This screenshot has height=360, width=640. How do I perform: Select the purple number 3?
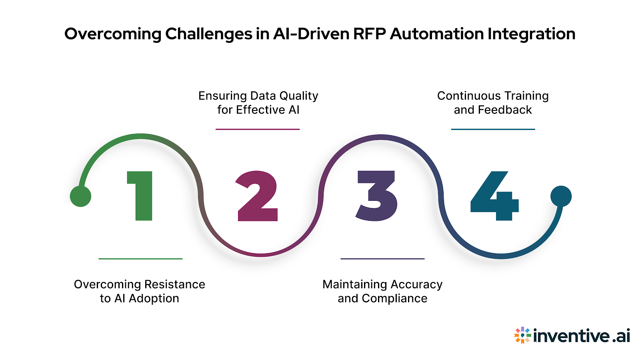[x=377, y=196]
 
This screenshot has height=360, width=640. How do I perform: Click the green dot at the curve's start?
[x=80, y=196]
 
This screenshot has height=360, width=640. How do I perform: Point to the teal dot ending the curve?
[x=561, y=196]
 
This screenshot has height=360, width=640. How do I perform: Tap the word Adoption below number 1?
[x=154, y=298]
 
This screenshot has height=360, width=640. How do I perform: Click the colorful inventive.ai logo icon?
[x=522, y=335]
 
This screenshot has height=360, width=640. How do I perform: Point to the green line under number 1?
[x=140, y=259]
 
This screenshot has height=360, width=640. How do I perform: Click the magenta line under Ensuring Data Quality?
[x=258, y=129]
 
